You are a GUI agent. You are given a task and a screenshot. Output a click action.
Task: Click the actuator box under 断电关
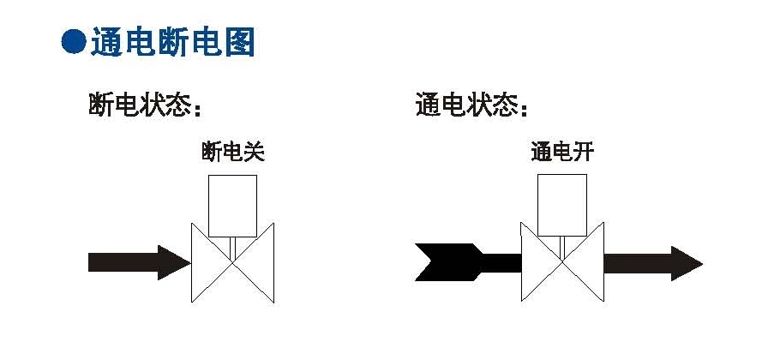[232, 205]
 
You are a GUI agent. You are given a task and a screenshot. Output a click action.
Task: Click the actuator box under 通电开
[562, 205]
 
